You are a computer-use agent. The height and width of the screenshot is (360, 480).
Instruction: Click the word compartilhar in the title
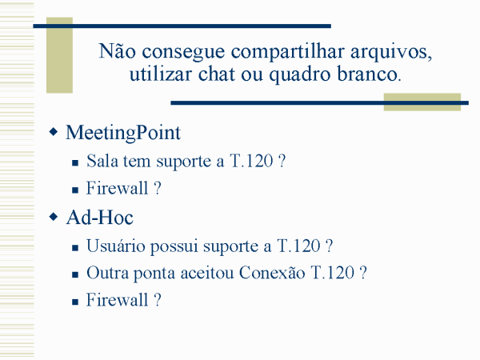[287, 52]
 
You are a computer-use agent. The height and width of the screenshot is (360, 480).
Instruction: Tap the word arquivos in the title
[391, 51]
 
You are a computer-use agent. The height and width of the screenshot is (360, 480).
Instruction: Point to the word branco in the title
[369, 74]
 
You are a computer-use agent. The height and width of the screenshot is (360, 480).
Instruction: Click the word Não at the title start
[117, 50]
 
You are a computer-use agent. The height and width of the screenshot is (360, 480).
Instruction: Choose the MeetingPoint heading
[123, 133]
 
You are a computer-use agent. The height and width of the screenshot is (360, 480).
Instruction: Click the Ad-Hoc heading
[100, 218]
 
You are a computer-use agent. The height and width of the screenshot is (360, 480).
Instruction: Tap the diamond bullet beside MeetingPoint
[54, 132]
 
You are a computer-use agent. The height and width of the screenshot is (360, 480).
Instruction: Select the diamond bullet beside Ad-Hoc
[54, 217]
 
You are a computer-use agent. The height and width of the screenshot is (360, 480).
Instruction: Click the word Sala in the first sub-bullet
[102, 161]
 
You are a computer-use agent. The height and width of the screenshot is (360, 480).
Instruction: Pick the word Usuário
[116, 246]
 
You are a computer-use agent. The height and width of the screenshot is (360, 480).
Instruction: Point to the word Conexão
[272, 273]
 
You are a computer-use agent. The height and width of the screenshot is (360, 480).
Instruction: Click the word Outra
[107, 273]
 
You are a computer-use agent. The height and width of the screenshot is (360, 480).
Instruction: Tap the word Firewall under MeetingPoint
[118, 188]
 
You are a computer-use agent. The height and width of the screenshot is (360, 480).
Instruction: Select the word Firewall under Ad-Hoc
[118, 300]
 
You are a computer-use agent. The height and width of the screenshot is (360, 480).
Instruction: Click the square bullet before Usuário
[75, 248]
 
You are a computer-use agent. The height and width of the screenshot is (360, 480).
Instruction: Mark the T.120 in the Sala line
[251, 161]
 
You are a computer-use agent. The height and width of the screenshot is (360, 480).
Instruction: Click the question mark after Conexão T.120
[363, 272]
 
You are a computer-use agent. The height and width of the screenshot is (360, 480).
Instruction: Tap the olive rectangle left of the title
[59, 55]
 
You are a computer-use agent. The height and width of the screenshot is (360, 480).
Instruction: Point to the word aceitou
[207, 273]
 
